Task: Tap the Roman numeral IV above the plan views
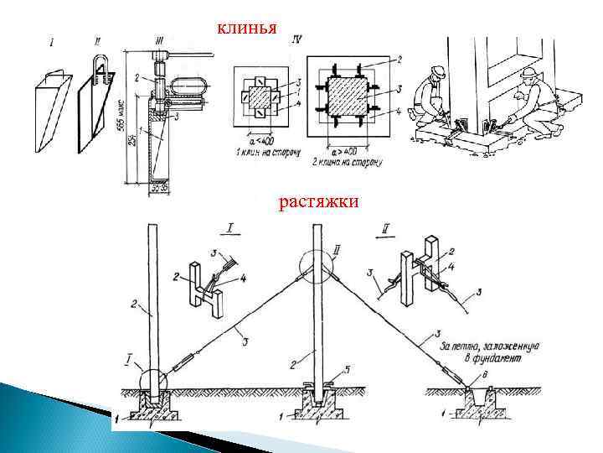pos(299,39)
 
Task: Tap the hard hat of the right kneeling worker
pos(528,74)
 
